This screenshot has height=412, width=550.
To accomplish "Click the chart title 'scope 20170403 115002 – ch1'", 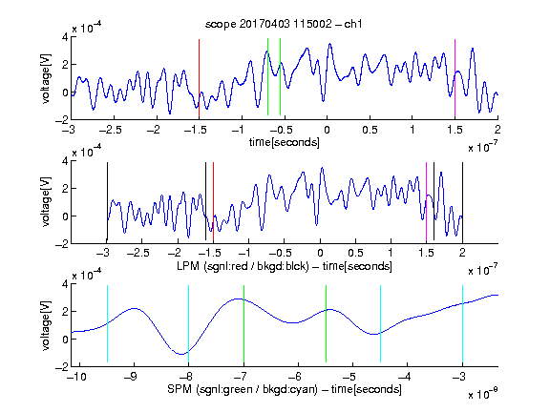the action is tap(284, 24).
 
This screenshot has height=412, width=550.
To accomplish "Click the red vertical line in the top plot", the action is tap(200, 78).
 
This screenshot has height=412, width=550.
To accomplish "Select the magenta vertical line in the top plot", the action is tap(455, 78).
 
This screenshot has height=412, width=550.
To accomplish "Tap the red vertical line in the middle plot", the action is tap(213, 202).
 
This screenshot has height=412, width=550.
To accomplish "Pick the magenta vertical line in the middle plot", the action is tap(426, 202).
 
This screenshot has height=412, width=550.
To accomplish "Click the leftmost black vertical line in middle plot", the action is tap(107, 202).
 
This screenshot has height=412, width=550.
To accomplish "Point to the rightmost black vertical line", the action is tap(462, 202).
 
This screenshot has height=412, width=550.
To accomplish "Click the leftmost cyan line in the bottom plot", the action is tap(107, 323).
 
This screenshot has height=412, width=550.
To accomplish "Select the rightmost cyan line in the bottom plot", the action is tap(462, 323).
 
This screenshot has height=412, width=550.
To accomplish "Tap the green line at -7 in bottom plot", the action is tap(243, 323).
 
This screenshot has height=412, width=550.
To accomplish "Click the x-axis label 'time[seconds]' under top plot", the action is tap(285, 142).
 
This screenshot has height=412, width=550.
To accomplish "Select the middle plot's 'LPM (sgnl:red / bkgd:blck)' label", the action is tap(243, 266).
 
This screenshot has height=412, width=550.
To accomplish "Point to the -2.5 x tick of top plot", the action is tap(111, 130).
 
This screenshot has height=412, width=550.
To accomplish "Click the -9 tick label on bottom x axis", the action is tap(131, 377).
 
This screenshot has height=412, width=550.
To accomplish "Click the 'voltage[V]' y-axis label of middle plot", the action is tap(46, 202).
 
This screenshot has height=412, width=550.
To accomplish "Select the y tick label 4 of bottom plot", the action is tap(65, 284).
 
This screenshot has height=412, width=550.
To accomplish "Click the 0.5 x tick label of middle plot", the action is tap(355, 254).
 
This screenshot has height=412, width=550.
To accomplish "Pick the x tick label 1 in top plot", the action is tap(412, 130).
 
